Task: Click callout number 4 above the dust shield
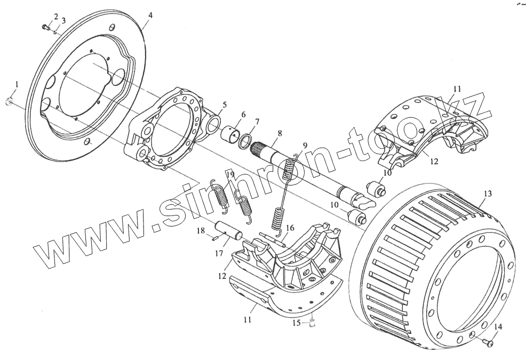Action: [151, 15]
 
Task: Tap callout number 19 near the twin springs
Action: [230, 174]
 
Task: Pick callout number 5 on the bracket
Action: [224, 105]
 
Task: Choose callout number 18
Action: [201, 230]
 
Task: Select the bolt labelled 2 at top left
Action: [44, 25]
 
